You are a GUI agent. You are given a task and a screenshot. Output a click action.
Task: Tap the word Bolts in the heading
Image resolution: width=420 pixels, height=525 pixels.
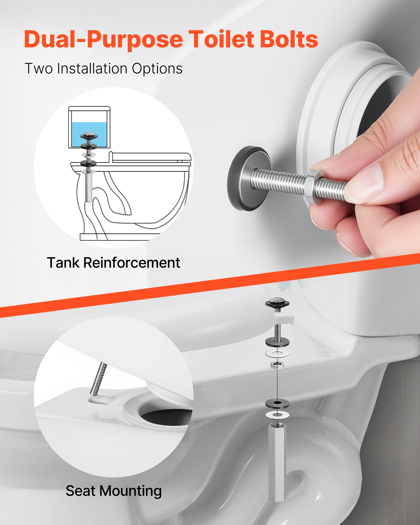[289, 39]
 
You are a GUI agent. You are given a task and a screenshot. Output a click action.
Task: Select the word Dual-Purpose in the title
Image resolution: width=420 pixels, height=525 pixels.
[103, 40]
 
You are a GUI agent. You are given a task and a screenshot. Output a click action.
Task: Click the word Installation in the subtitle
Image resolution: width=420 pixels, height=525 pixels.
[92, 69]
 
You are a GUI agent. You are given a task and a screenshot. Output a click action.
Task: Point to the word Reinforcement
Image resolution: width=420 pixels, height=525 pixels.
[132, 262]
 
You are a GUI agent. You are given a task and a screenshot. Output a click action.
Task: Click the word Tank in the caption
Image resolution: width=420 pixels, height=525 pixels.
[63, 262]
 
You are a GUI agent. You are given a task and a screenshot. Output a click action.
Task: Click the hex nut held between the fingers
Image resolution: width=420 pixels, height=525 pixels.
[314, 186]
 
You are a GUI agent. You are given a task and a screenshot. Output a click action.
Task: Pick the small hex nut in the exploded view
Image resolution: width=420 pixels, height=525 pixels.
[277, 365]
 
